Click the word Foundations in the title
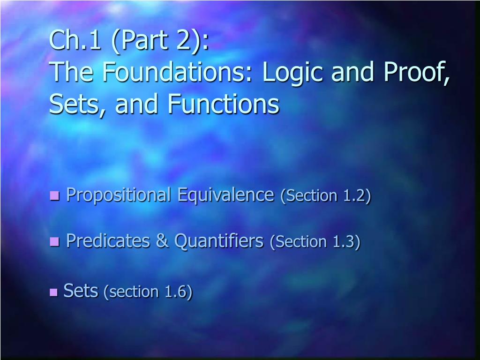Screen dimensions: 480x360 click(177, 72)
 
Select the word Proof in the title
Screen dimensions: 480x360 click(416, 72)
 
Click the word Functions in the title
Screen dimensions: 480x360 click(223, 104)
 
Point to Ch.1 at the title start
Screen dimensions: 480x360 click(75, 40)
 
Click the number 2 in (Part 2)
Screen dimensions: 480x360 click(184, 40)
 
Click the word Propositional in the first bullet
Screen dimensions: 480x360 click(119, 195)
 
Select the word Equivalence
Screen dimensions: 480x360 click(225, 195)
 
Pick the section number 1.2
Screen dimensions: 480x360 click(354, 195)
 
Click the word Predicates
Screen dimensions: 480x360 click(108, 240)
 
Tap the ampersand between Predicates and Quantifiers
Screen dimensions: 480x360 click(162, 240)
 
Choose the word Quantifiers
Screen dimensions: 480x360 click(219, 241)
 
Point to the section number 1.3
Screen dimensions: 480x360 click(344, 241)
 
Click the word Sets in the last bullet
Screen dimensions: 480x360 click(81, 291)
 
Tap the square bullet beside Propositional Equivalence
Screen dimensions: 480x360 click(54, 195)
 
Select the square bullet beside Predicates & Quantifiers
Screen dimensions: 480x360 click(54, 241)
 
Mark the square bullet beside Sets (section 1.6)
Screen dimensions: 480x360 click(53, 292)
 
